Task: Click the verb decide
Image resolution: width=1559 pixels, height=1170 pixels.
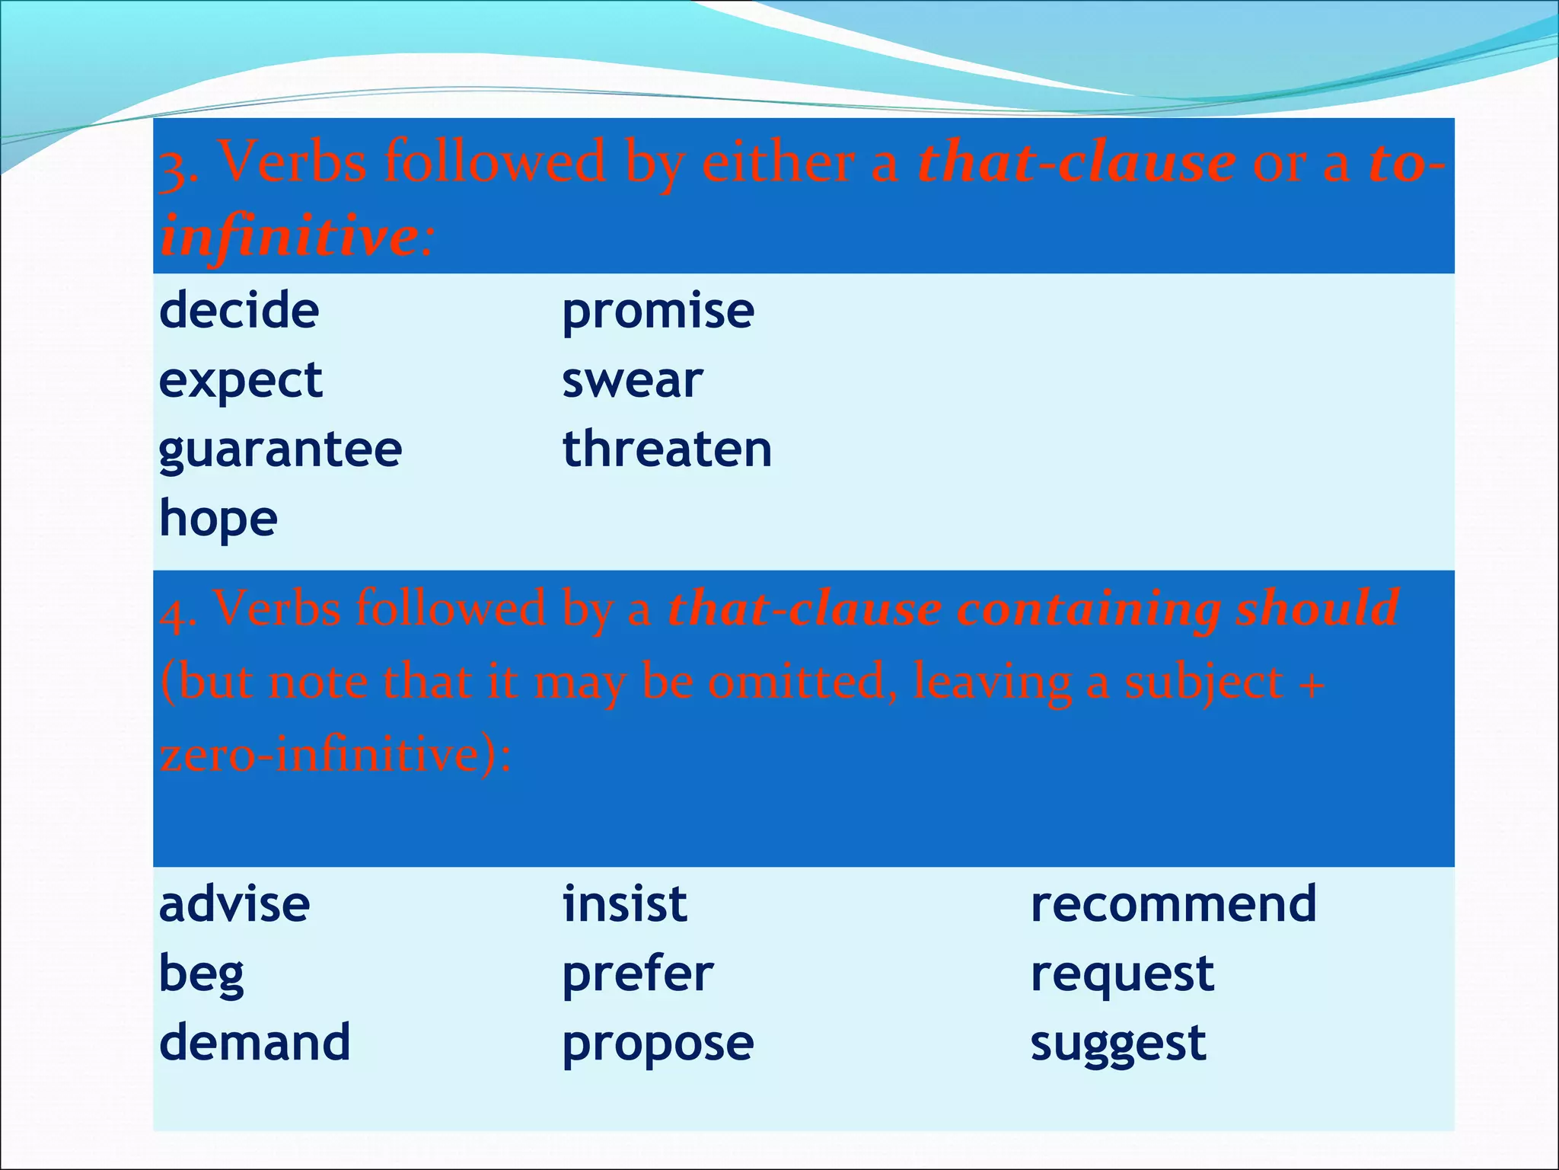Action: point(239,311)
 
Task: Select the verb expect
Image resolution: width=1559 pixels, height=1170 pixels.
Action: point(241,381)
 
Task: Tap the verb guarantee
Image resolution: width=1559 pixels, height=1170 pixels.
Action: point(280,450)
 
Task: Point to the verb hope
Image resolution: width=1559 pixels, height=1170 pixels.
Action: point(218,519)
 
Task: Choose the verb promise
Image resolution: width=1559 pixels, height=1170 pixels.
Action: point(658,312)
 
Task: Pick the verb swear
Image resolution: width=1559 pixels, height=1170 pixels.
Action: point(632,381)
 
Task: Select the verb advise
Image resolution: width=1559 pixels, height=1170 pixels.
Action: point(234,904)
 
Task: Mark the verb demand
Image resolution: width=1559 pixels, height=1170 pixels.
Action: point(255,1042)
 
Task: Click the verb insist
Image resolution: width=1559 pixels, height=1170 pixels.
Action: point(625,904)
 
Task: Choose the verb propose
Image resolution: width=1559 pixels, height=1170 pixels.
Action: point(658,1044)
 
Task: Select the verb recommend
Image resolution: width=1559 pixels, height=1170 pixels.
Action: point(1173,904)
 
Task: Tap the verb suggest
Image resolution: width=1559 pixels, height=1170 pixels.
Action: point(1118,1044)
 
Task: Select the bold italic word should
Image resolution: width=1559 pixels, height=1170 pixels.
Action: point(1317,608)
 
